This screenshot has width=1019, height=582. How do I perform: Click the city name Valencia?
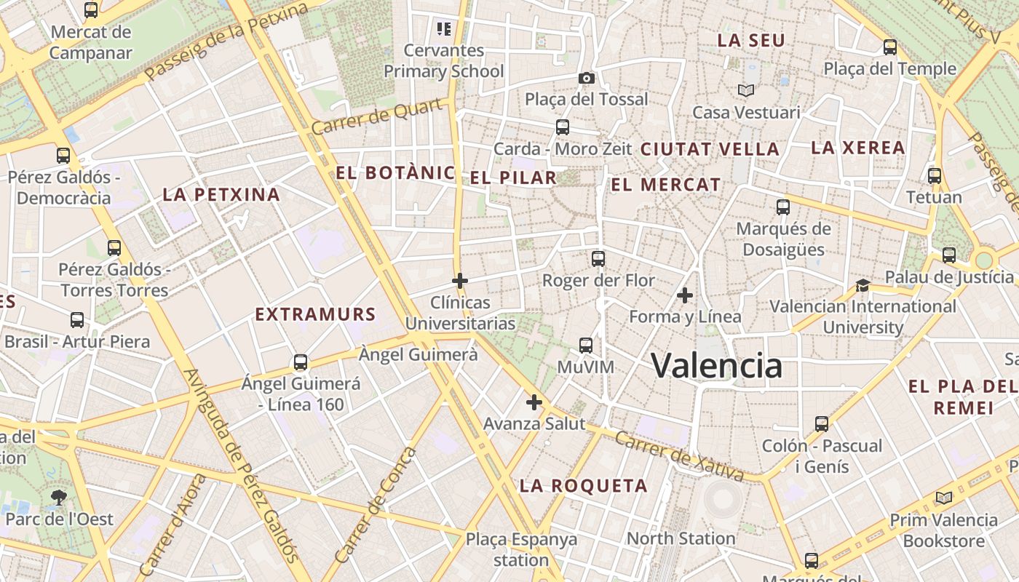point(716,365)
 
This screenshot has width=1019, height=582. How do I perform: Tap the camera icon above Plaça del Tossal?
point(586,78)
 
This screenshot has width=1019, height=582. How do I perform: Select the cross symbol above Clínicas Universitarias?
point(460,280)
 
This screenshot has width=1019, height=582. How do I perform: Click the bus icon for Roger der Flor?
point(598,258)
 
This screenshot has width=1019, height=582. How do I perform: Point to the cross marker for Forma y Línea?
point(684,295)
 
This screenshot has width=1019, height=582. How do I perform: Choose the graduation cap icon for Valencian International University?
point(863,285)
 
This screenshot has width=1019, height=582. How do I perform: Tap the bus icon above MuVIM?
point(586,345)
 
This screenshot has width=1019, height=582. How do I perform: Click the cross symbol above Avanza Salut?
point(534,402)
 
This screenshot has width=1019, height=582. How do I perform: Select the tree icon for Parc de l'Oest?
point(59,498)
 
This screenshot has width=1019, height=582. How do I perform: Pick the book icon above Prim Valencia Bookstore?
point(944,498)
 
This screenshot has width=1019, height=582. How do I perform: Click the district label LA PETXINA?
point(221,194)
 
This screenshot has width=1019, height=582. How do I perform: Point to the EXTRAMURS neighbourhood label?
point(315,315)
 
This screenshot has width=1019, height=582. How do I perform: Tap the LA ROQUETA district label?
point(583,486)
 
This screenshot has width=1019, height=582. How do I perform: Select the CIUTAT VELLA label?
point(710,149)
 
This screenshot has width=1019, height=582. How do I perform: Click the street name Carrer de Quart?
point(377,117)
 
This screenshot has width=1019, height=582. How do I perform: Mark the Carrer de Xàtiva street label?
point(678,455)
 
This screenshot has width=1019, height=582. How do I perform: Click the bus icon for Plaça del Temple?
point(889,47)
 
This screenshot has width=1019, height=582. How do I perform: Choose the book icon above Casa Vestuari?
point(746,90)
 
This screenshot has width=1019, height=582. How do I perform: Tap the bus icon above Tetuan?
point(935,175)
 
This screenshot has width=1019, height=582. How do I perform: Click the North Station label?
point(681,538)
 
